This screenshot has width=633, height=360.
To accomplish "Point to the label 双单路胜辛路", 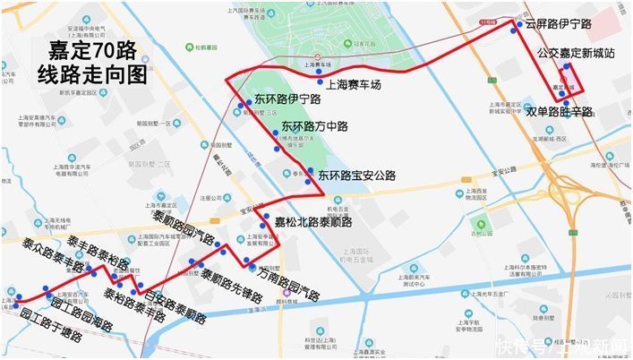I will tap(560, 112).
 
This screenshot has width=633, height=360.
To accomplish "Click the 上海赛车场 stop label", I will tap(353, 86).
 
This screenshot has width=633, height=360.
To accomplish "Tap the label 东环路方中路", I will tap(314, 126).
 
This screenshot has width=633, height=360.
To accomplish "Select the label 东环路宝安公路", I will tap(356, 176).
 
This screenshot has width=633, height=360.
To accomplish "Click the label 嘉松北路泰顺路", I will tap(312, 222).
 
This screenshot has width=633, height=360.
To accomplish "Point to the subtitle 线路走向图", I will tap(92, 75).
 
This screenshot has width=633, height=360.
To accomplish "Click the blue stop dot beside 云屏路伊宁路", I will tap(514, 30).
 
